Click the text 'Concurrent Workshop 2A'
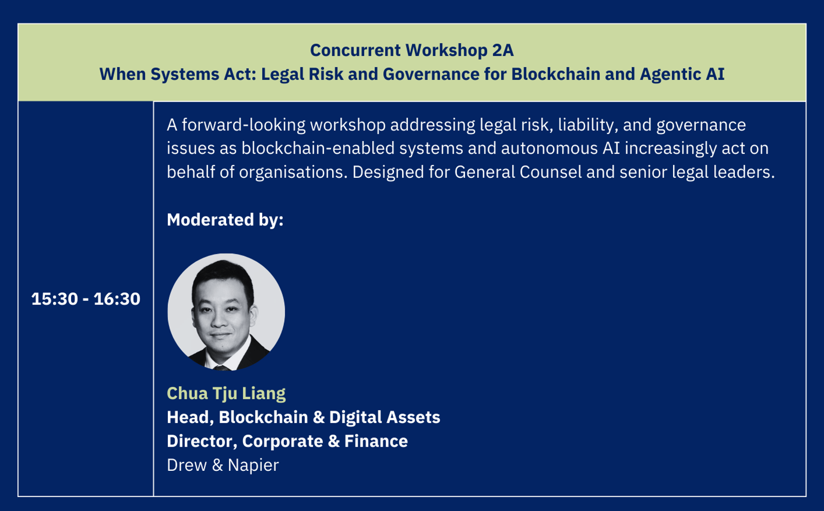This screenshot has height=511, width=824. [x=411, y=50]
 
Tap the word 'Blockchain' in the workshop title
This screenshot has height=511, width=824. [x=556, y=74]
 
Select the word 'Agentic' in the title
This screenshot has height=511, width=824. [x=669, y=75]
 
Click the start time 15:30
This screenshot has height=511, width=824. [x=55, y=299]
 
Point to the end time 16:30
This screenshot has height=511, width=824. [x=117, y=299]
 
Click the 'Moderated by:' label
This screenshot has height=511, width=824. [x=225, y=219]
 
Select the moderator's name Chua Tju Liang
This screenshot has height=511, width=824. [x=226, y=393]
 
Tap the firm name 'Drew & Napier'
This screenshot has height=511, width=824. [x=223, y=465]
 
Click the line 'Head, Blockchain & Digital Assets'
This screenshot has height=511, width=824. [x=303, y=417]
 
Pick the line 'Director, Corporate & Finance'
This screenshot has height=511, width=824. [x=287, y=441]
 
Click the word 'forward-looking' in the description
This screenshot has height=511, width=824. [x=244, y=125]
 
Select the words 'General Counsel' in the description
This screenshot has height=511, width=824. [x=518, y=172]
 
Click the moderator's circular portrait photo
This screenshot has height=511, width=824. [x=226, y=312]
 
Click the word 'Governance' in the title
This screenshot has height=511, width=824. [x=431, y=74]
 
